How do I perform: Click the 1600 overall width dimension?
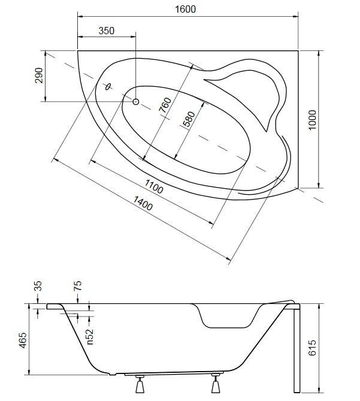(186, 10)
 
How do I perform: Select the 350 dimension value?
(106, 31)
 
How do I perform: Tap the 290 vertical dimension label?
(38, 76)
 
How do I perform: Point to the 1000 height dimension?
(312, 120)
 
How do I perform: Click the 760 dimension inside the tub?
(165, 105)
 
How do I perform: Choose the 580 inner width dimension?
(189, 119)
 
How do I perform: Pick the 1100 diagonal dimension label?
(153, 186)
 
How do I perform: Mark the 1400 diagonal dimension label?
(143, 203)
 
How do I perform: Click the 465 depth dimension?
(23, 340)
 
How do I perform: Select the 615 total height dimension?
(312, 348)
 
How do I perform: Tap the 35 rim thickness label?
(38, 286)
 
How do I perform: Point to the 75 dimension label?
(78, 285)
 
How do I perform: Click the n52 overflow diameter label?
(90, 337)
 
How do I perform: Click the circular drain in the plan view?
(135, 102)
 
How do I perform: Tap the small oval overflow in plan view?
(108, 87)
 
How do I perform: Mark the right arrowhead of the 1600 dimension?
(296, 17)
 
